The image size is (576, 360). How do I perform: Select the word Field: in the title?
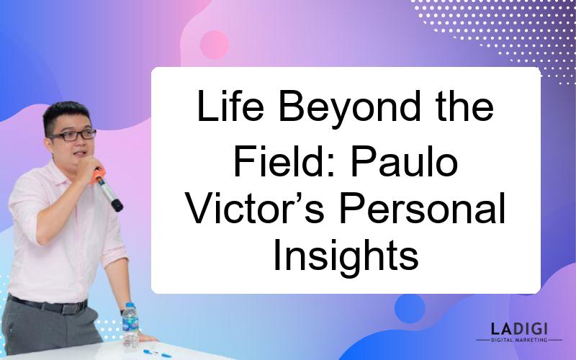[284, 161]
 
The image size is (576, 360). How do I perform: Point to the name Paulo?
[405, 161]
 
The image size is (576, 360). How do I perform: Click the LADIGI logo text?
[519, 329]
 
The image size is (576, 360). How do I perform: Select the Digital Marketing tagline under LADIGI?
[519, 340]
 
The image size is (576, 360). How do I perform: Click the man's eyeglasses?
[73, 135]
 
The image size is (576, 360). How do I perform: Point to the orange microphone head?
[98, 176]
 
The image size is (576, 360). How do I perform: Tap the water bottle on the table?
[130, 325]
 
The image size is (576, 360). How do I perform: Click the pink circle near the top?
[214, 45]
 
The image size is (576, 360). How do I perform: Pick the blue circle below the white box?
[410, 309]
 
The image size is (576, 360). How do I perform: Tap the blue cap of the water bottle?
[130, 305]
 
